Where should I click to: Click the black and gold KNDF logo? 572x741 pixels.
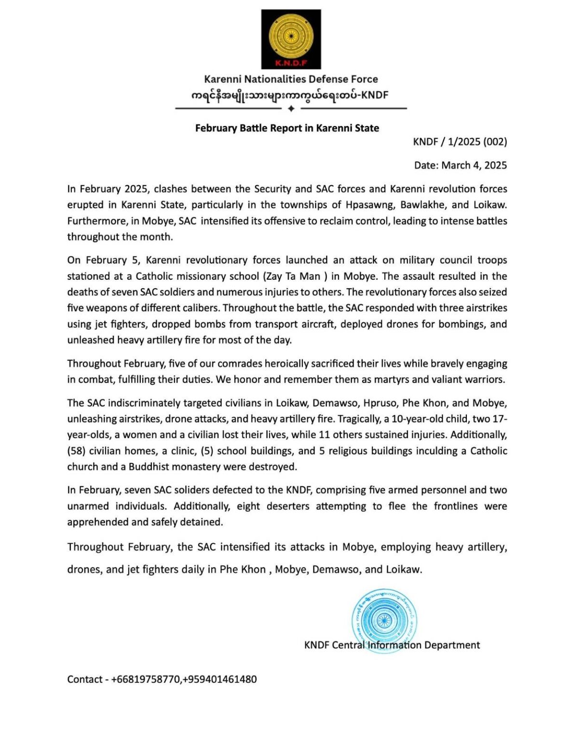pos(291,39)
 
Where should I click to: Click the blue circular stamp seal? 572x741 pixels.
pos(384,620)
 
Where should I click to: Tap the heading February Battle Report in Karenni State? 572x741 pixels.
pos(287,128)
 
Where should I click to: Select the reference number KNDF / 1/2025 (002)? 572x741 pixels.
pos(460,142)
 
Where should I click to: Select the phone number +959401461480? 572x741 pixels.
pos(219,679)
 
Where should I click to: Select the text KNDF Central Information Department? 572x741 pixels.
pos(392,645)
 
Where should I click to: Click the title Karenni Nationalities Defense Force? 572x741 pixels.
pos(291,79)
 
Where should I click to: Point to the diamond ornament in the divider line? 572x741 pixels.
pos(291,109)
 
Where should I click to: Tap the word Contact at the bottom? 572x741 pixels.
pos(85,679)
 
